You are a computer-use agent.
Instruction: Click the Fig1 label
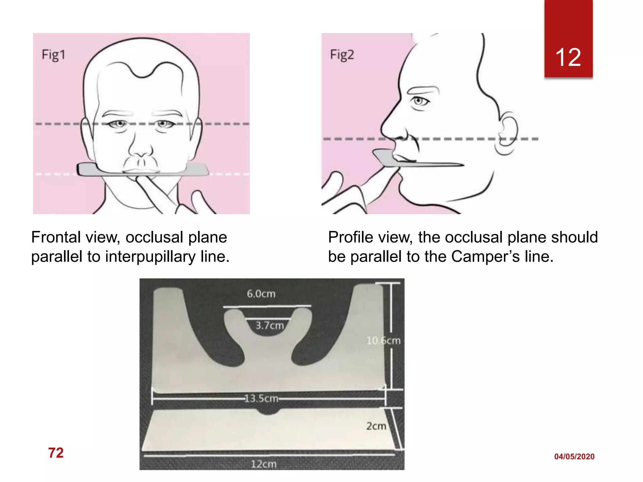tap(53, 55)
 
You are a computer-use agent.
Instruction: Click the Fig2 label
tap(342, 55)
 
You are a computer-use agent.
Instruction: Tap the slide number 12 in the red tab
tap(568, 57)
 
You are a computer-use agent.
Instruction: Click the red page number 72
tap(56, 453)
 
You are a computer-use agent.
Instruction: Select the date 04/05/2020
tap(574, 457)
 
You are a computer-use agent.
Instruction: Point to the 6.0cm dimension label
tap(261, 294)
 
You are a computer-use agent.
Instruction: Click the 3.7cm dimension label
tap(269, 326)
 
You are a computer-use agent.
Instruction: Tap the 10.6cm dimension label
tap(383, 340)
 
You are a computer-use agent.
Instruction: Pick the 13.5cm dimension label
tap(261, 399)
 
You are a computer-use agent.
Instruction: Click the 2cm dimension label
tap(376, 426)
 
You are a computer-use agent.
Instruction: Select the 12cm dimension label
tap(263, 464)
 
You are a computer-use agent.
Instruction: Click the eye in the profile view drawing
tap(419, 101)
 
